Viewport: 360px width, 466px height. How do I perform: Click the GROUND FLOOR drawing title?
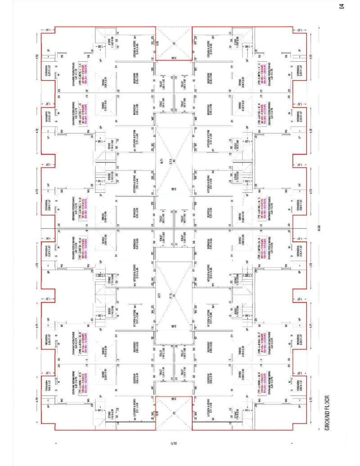point(327,419)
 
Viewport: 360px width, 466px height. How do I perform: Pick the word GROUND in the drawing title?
point(327,428)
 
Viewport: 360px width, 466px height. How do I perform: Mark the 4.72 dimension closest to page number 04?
point(310,56)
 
